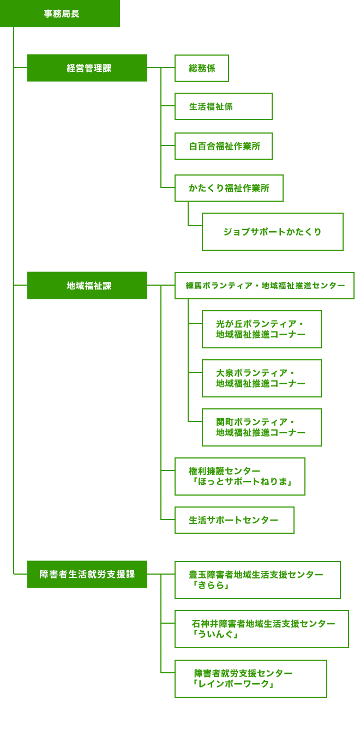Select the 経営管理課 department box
87,68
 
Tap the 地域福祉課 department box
87,285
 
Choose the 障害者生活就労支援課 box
87,574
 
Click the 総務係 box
202,68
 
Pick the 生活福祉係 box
223,106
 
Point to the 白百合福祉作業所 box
223,146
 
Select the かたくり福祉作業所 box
229,188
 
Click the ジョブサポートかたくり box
272,232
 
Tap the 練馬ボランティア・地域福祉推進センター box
265,286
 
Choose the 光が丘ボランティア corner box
261,329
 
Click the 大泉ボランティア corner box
261,378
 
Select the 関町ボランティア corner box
261,427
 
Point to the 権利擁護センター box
239,476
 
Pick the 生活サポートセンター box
234,520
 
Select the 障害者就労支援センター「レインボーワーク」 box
250,679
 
